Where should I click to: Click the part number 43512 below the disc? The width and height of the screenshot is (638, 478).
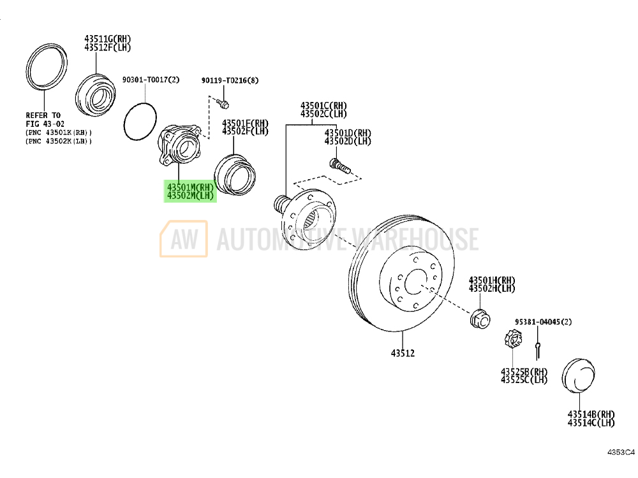(403, 352)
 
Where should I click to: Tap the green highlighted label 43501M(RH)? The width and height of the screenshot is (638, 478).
(191, 187)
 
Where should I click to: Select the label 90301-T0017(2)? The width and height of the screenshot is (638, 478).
(151, 80)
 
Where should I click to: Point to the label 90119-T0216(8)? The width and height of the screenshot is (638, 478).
(230, 80)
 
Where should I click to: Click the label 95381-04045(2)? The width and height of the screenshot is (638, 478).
(544, 322)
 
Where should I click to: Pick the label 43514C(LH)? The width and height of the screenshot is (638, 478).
(591, 422)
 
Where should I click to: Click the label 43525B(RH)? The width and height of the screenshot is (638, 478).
(524, 372)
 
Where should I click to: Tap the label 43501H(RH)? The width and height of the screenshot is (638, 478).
(492, 280)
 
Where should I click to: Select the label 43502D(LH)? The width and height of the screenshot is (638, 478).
(347, 141)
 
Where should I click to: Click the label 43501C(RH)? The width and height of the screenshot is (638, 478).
(324, 105)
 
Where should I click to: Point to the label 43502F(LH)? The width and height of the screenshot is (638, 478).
(245, 131)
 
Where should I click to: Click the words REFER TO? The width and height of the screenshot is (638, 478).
(43, 116)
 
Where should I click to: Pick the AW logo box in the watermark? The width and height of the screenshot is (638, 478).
(184, 238)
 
